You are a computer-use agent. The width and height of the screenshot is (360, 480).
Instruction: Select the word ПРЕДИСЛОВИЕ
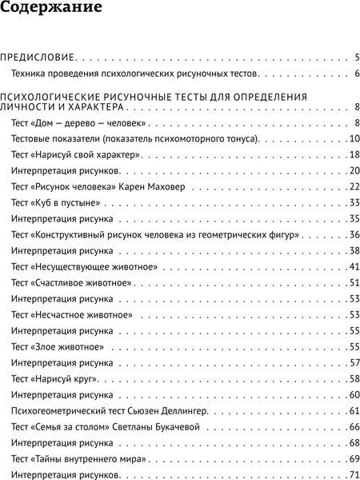tap(38, 58)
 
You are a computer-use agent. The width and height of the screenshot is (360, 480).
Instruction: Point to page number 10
tap(354, 138)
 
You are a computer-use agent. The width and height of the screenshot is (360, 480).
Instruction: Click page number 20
tap(354, 170)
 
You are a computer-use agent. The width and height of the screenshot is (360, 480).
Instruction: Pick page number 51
tap(354, 283)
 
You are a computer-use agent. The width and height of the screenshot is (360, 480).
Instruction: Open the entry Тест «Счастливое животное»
tap(73, 283)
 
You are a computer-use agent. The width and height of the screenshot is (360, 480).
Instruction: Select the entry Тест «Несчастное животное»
tap(73, 315)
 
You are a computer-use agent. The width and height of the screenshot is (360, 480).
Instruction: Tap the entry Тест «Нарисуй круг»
tap(54, 379)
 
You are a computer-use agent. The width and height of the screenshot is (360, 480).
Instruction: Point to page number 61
tap(354, 411)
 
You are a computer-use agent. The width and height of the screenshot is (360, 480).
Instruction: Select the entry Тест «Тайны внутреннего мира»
tap(79, 459)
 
